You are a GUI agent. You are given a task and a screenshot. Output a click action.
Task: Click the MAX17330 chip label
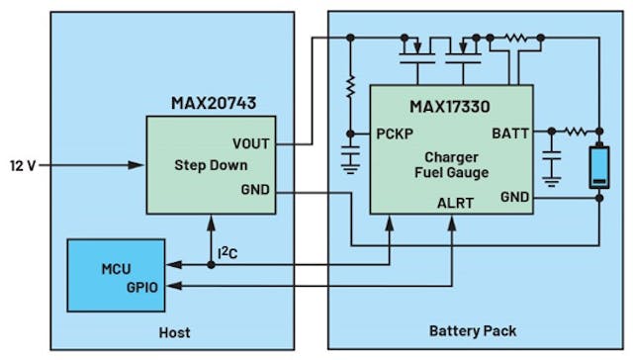450,105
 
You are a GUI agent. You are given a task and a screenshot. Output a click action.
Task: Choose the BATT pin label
510,133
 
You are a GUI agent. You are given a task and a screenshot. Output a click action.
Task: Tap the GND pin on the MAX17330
514,197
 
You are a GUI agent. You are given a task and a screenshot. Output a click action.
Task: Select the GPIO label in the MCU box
141,286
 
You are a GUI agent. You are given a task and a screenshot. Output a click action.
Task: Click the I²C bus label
228,254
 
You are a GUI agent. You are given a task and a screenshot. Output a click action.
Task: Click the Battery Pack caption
472,331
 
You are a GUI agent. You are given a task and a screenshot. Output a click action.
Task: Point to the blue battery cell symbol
599,165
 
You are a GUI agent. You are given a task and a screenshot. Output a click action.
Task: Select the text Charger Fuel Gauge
451,165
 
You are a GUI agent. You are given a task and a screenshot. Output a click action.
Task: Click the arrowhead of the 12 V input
137,164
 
